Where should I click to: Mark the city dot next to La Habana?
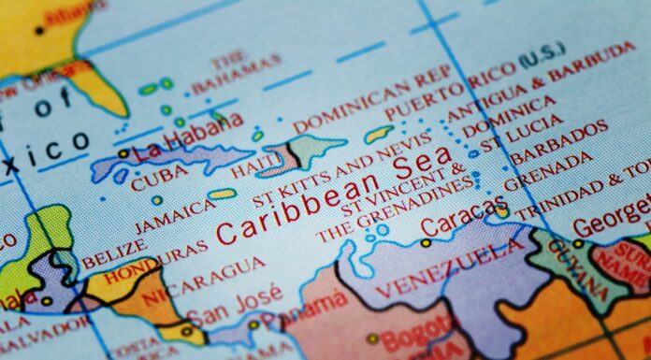tap(124, 152)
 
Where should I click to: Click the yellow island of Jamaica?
tap(223, 194)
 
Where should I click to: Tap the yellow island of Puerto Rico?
tap(378, 134)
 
